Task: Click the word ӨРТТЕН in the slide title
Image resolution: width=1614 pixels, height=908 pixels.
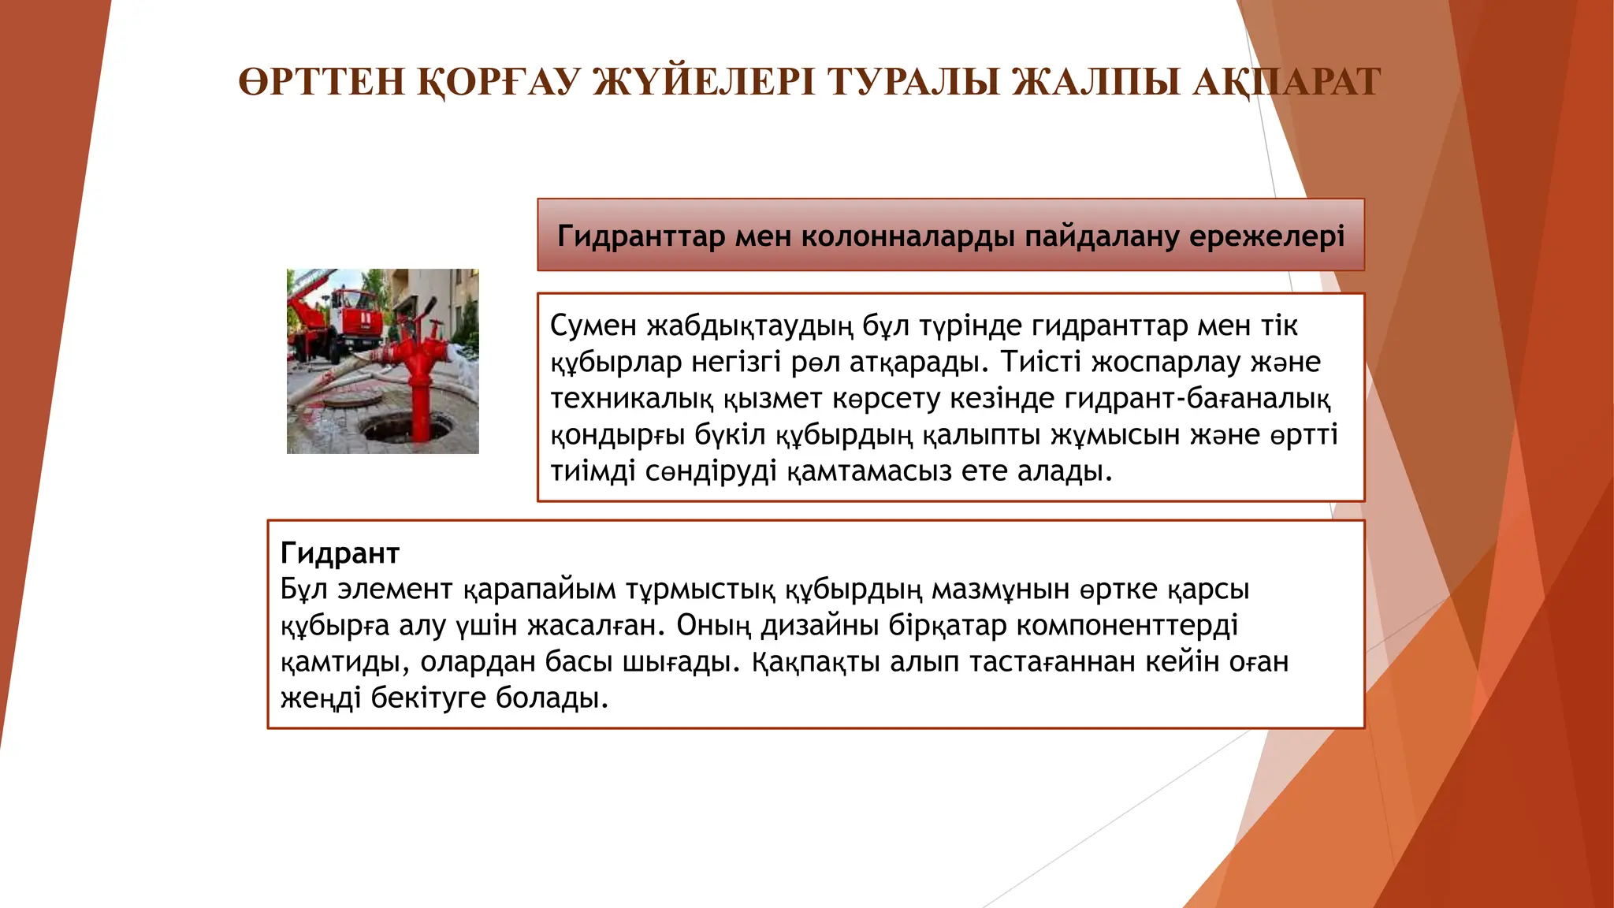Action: (322, 82)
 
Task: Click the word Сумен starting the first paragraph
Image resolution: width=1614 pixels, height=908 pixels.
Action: (593, 326)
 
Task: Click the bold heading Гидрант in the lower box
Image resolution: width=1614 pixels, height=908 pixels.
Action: (340, 553)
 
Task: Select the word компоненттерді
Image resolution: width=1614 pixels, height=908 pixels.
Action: (1127, 626)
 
